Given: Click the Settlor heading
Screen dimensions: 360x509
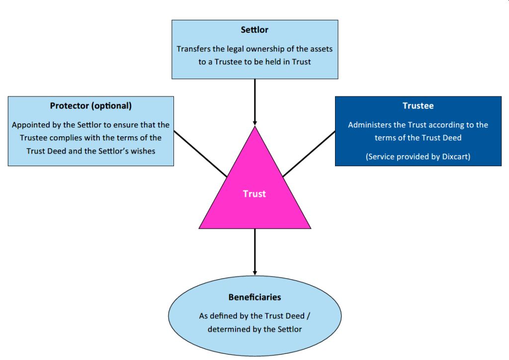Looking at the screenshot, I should tap(254, 30).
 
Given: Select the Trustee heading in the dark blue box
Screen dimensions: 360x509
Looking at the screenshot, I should tap(418, 106).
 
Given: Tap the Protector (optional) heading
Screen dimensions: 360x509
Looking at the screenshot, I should tap(91, 106).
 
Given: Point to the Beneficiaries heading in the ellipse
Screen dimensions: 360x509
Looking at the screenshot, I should tap(254, 297).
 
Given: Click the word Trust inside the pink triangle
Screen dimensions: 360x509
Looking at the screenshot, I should tap(254, 194).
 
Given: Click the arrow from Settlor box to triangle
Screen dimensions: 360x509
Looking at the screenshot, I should tap(254, 102).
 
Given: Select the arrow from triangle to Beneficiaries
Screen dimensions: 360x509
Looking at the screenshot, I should tap(254, 251).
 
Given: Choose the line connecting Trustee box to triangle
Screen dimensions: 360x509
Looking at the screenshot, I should tap(309, 154).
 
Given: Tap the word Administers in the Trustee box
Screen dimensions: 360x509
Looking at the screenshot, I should tap(369, 125).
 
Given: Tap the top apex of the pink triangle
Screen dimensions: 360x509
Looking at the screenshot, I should tap(254, 128).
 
